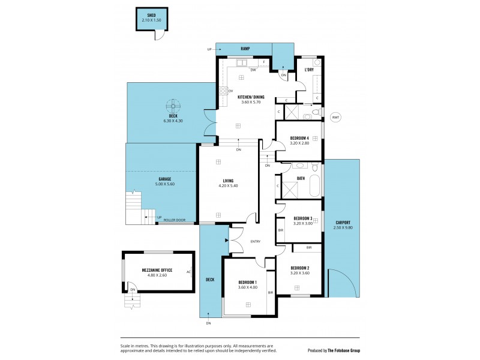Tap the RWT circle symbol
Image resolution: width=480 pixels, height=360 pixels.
335,118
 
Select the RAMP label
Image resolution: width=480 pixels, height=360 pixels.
245,49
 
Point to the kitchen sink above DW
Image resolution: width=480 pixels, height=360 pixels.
242,62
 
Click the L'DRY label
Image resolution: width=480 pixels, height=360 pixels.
309,70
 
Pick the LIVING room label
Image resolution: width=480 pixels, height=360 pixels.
227,181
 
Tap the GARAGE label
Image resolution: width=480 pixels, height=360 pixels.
165,179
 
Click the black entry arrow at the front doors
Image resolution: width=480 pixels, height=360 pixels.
226,241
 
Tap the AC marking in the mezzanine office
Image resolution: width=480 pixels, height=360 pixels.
189,271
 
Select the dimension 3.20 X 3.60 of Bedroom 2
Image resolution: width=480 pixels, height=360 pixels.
299,273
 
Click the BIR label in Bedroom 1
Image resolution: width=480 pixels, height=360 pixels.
271,292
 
